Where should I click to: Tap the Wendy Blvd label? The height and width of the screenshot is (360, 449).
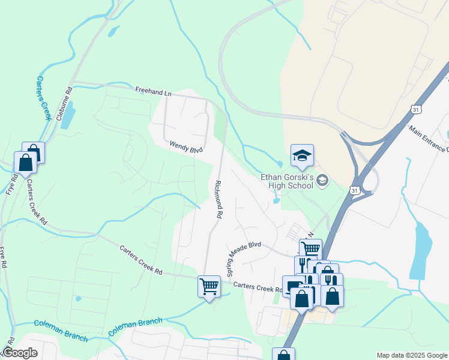click(187, 146)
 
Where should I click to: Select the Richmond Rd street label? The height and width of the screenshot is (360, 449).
click(219, 199)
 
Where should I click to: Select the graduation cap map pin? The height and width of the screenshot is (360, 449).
click(302, 156)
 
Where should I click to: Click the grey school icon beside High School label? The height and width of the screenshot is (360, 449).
click(322, 180)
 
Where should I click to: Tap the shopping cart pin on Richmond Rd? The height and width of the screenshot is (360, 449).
click(209, 287)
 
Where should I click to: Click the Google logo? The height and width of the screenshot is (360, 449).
click(20, 353)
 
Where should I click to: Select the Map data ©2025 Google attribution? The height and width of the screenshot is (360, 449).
click(412, 355)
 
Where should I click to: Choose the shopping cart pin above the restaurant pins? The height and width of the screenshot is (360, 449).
click(310, 248)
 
